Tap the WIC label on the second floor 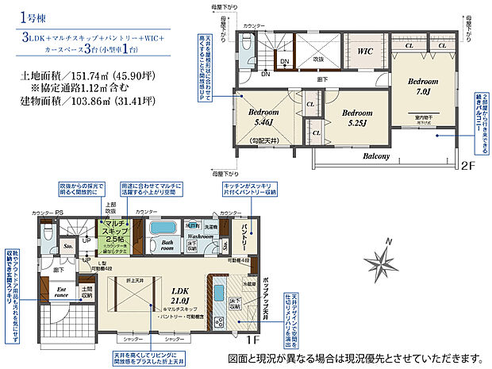tap(366, 52)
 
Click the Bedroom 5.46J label tap(264, 119)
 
